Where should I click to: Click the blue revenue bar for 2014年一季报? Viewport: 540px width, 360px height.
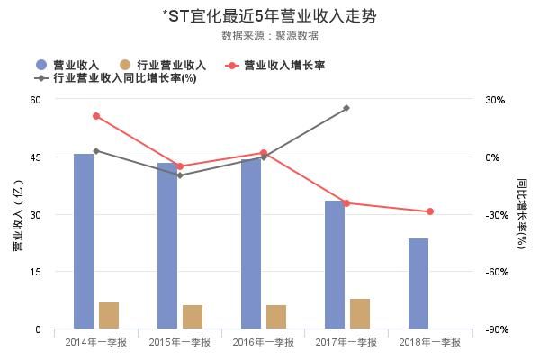click(84, 241)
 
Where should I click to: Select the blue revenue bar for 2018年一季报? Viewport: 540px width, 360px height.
click(418, 283)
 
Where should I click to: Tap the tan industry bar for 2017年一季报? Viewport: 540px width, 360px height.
click(360, 313)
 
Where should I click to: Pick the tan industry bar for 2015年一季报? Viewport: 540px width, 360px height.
click(193, 317)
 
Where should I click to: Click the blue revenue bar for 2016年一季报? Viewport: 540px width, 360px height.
click(251, 243)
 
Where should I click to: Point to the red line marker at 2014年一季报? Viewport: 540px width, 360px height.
click(96, 116)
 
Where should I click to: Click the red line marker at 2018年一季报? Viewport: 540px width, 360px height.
click(430, 211)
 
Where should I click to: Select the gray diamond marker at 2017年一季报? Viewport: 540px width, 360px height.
click(346, 108)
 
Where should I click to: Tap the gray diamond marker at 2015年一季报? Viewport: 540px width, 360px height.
click(180, 175)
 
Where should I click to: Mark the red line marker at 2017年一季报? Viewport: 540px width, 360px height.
click(346, 203)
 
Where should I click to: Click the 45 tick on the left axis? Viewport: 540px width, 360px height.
click(35, 157)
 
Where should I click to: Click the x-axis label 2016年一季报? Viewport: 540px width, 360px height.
click(264, 342)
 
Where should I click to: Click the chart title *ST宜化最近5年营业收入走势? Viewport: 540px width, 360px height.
click(269, 16)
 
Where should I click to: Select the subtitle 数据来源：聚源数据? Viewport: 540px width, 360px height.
click(269, 36)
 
